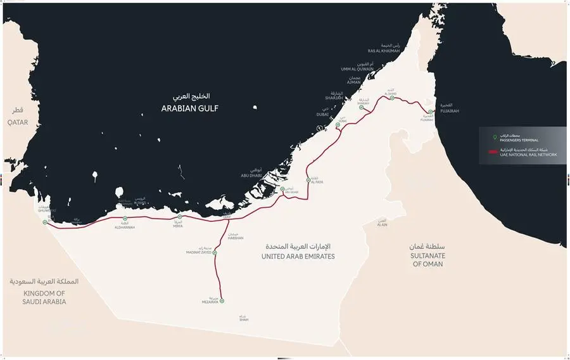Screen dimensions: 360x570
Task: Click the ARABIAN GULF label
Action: (x=189, y=109)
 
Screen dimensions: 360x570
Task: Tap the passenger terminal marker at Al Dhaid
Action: (x=392, y=98)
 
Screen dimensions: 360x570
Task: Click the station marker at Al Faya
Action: (x=308, y=172)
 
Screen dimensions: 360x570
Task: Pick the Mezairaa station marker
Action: (x=222, y=301)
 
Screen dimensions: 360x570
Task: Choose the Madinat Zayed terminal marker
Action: (x=215, y=252)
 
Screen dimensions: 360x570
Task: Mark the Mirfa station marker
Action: (x=180, y=217)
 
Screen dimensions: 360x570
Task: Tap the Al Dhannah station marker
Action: (x=125, y=219)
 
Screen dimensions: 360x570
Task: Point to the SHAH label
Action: (x=244, y=319)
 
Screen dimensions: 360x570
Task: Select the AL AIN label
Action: (x=382, y=224)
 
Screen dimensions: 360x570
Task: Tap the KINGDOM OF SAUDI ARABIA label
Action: (x=44, y=297)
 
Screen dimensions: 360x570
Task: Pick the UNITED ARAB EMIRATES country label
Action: (x=298, y=256)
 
